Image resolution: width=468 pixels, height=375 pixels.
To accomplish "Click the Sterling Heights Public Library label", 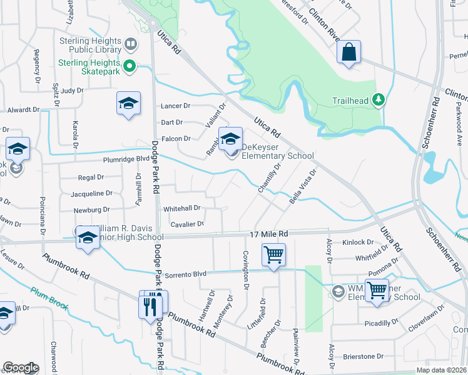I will (x=89, y=46).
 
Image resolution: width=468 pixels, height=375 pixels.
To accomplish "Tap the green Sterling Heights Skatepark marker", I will (x=130, y=65).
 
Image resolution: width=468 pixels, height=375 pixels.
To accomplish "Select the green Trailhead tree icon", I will (x=378, y=99).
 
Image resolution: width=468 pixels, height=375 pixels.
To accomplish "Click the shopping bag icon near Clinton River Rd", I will (x=348, y=52).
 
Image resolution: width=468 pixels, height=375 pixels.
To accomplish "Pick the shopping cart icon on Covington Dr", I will (x=273, y=255).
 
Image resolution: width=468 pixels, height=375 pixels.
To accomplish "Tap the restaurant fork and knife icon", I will (x=151, y=306).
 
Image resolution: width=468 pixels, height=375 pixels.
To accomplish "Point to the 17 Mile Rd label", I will (x=269, y=232).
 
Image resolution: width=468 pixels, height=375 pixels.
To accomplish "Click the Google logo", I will (x=21, y=367).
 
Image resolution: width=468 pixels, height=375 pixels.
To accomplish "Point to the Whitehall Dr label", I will (x=181, y=208).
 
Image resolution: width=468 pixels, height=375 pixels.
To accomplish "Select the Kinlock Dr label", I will (x=358, y=242).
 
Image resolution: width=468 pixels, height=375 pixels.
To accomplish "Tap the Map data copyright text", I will (x=441, y=370).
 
